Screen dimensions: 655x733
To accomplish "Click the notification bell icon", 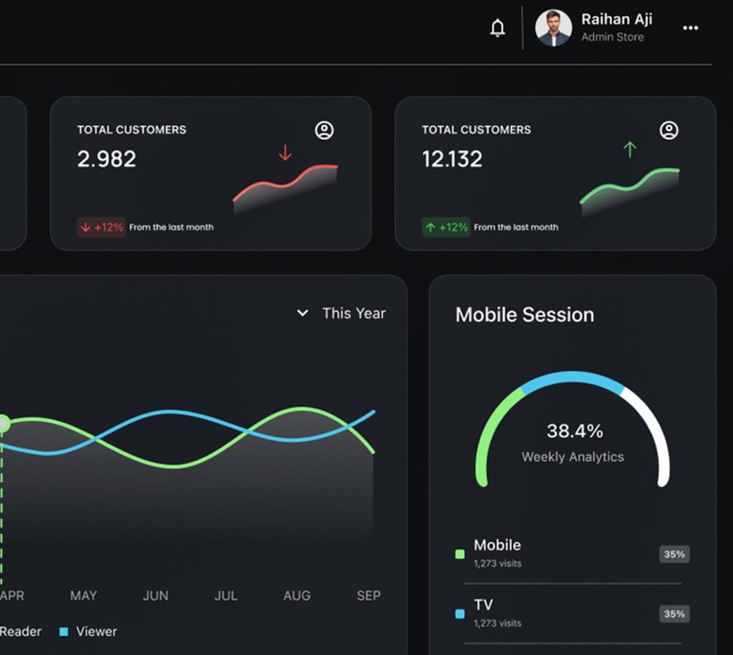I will pyautogui.click(x=497, y=28).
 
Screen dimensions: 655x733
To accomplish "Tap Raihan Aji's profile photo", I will pyautogui.click(x=553, y=28).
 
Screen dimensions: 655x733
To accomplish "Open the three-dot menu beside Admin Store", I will pyautogui.click(x=690, y=28).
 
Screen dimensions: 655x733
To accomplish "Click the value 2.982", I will pyautogui.click(x=107, y=159).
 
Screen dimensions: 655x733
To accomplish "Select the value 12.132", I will pyautogui.click(x=452, y=159).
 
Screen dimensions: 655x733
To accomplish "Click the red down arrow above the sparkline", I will pyautogui.click(x=286, y=152).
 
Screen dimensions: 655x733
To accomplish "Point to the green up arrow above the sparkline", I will pyautogui.click(x=630, y=150).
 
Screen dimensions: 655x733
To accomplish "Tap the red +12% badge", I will pyautogui.click(x=102, y=227).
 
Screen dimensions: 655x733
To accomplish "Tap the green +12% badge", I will pyautogui.click(x=446, y=227).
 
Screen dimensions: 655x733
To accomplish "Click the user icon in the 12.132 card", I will pyautogui.click(x=669, y=130).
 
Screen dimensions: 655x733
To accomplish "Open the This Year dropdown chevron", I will pyautogui.click(x=303, y=313).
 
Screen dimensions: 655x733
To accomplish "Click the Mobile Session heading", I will pyautogui.click(x=525, y=315).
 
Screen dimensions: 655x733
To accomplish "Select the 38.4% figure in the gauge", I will pyautogui.click(x=575, y=431).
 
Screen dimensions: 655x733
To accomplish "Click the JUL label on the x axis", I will pyautogui.click(x=226, y=596).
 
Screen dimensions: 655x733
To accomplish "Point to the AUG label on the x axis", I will pyautogui.click(x=296, y=596).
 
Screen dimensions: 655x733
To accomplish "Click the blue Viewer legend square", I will pyautogui.click(x=64, y=631).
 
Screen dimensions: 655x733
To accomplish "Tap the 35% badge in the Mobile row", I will pyautogui.click(x=674, y=554).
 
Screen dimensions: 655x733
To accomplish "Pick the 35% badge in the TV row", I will pyautogui.click(x=674, y=613).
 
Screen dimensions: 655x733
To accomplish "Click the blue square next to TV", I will pyautogui.click(x=460, y=614).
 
